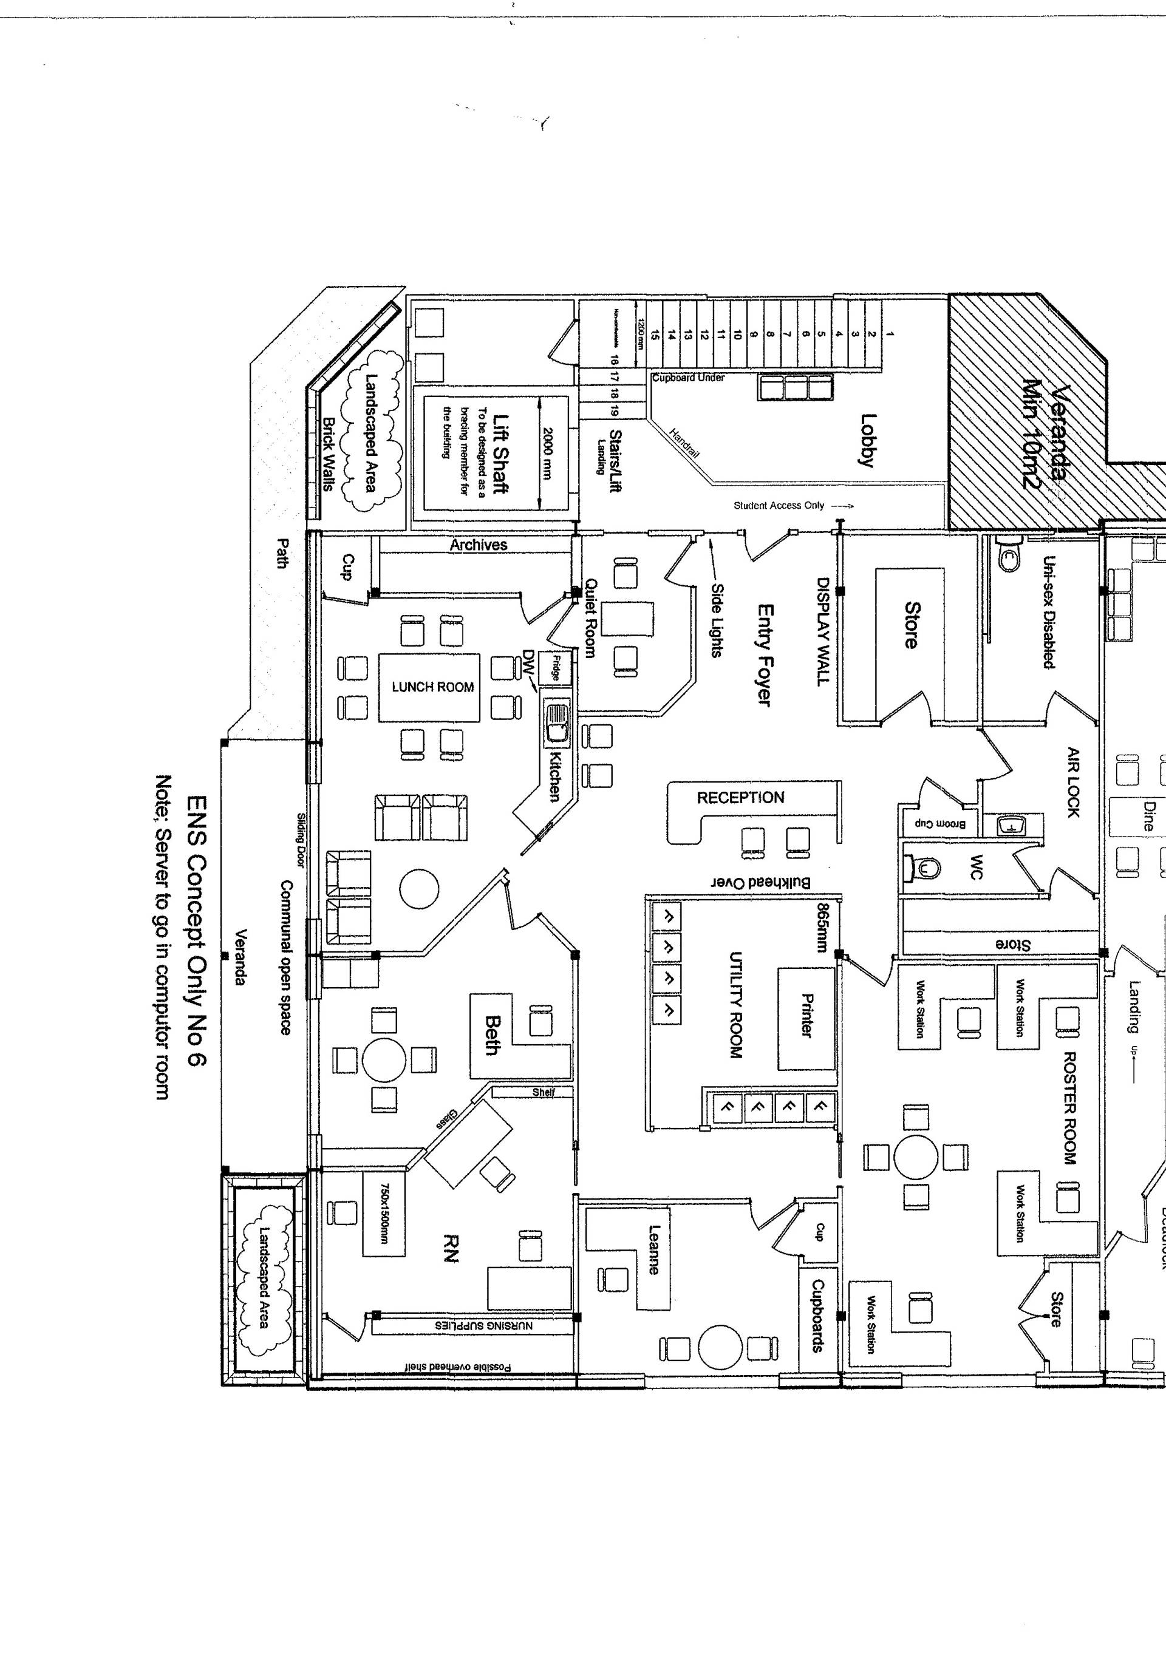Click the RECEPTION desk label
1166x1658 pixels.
tap(740, 798)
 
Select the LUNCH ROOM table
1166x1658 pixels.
tap(429, 687)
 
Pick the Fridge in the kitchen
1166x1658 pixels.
tap(556, 667)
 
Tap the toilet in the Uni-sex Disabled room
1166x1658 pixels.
tap(1007, 557)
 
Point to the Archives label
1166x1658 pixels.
tap(479, 545)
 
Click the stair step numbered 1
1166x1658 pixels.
tap(890, 334)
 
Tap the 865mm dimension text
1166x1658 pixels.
tap(822, 927)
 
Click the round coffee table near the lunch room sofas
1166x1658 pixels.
tap(419, 888)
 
